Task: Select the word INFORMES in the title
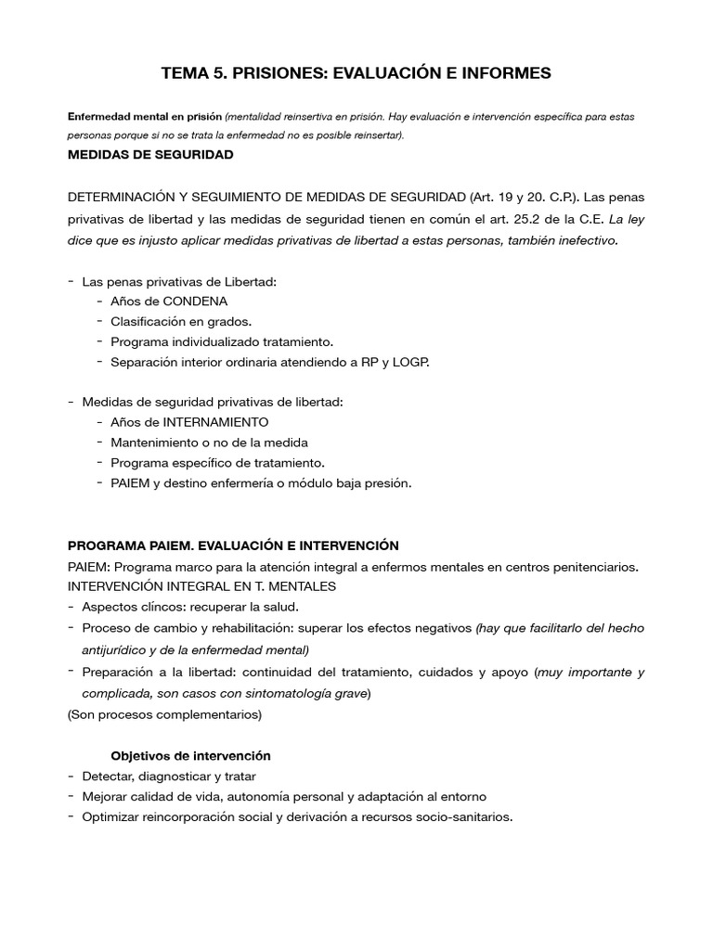(x=500, y=73)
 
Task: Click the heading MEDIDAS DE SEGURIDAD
(x=150, y=155)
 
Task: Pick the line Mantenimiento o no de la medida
(x=209, y=442)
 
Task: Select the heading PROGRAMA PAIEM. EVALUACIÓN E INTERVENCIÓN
(x=233, y=545)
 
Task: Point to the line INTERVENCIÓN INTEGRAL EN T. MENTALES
(x=201, y=586)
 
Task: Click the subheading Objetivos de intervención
(x=190, y=755)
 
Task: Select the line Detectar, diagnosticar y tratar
(x=169, y=776)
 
